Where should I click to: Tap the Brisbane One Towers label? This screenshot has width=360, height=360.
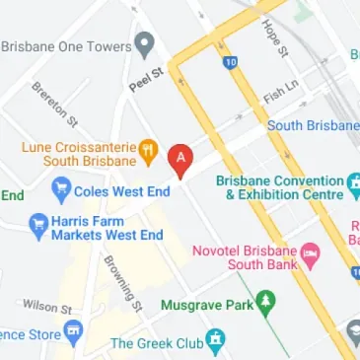tap(66, 45)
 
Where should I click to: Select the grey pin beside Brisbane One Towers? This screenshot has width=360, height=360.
tap(145, 43)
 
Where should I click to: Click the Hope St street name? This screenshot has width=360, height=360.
tap(275, 39)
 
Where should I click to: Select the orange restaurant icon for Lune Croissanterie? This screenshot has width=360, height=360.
tap(148, 151)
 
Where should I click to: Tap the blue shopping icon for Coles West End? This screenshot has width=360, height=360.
tap(61, 186)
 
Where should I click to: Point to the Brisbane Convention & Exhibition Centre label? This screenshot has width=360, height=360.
tap(279, 187)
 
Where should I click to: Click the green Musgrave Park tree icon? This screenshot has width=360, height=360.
tap(264, 302)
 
